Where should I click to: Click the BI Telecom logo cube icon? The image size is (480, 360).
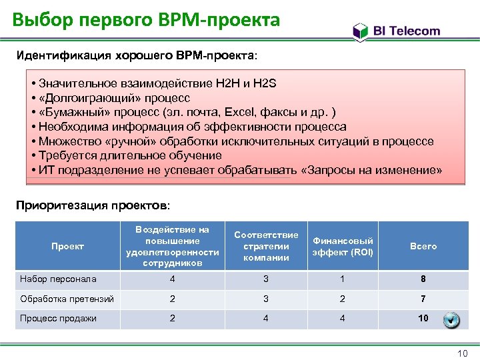[x=360, y=31]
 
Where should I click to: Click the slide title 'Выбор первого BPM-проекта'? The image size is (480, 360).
[x=146, y=20]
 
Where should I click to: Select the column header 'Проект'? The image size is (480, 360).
[x=68, y=246]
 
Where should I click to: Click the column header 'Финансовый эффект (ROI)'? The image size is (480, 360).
[x=343, y=246]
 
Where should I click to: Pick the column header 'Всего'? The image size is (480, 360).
[x=423, y=246]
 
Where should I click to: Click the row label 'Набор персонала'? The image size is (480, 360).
[x=59, y=279]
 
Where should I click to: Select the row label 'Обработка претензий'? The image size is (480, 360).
[x=67, y=298]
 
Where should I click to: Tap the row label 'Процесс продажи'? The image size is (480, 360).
[x=59, y=318]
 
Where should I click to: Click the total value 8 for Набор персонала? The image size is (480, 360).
[x=423, y=279]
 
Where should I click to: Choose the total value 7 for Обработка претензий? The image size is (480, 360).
[x=423, y=299]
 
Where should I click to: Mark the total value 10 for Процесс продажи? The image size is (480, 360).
[x=423, y=318]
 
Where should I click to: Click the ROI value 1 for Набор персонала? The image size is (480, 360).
[x=343, y=279]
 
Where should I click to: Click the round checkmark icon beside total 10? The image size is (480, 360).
[x=451, y=320]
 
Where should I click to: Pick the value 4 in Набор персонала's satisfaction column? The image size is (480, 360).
[x=173, y=279]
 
